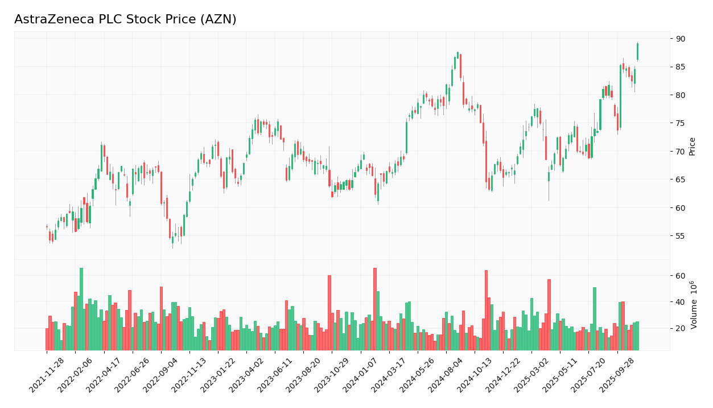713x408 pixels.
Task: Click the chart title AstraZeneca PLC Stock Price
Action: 125,20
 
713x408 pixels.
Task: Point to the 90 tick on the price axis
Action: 681,39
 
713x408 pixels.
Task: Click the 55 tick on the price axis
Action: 681,236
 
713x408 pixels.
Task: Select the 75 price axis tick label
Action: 681,123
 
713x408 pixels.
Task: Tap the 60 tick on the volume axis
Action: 681,276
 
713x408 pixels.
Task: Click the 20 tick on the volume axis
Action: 681,328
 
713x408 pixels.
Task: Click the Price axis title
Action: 693,146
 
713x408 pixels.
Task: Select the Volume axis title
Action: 694,305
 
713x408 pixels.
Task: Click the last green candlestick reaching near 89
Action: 637,51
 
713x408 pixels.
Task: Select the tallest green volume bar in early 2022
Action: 81,309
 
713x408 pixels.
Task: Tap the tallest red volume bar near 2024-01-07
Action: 374,309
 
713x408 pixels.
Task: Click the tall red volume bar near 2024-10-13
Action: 486,310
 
